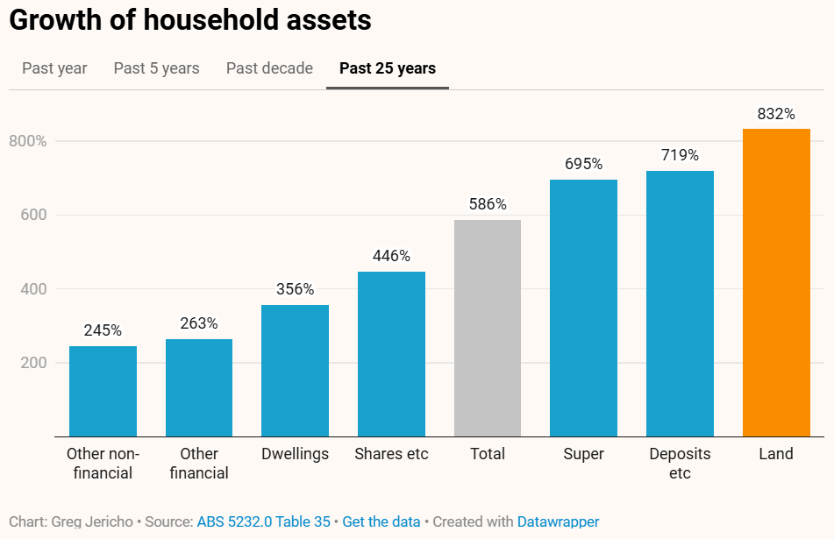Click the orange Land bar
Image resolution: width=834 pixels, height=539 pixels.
[x=776, y=282]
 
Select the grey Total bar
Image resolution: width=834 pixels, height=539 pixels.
[x=488, y=328]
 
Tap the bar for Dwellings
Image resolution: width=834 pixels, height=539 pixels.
[x=295, y=370]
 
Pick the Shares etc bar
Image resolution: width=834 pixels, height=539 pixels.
[x=391, y=353]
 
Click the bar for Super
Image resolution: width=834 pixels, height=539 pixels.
[x=583, y=308]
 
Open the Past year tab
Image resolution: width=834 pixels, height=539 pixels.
[x=54, y=68]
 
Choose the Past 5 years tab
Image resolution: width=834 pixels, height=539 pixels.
[x=156, y=68]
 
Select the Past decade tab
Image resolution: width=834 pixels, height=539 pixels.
[x=269, y=68]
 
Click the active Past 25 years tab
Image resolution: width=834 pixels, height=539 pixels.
[x=387, y=68]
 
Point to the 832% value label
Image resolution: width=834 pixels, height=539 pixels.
[x=776, y=114]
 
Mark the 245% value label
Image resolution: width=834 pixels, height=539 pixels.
[x=103, y=330]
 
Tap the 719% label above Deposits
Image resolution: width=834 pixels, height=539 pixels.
[x=680, y=155]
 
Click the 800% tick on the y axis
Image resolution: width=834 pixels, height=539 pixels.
[x=28, y=141]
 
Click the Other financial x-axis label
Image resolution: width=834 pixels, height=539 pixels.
[x=199, y=463]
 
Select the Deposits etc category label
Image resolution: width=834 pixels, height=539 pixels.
[x=680, y=463]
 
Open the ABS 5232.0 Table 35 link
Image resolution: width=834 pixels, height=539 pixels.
[x=263, y=521]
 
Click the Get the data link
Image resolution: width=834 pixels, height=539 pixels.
[x=381, y=521]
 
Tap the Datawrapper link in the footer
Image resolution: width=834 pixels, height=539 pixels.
[x=558, y=521]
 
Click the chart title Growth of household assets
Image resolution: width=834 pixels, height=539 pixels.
[x=190, y=20]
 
